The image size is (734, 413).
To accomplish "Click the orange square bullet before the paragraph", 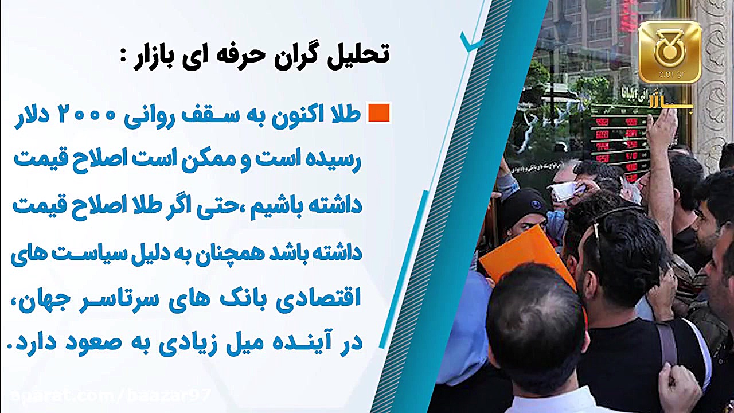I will (x=378, y=112).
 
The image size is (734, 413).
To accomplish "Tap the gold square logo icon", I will (x=669, y=52).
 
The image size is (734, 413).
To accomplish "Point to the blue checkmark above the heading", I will (x=473, y=42).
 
